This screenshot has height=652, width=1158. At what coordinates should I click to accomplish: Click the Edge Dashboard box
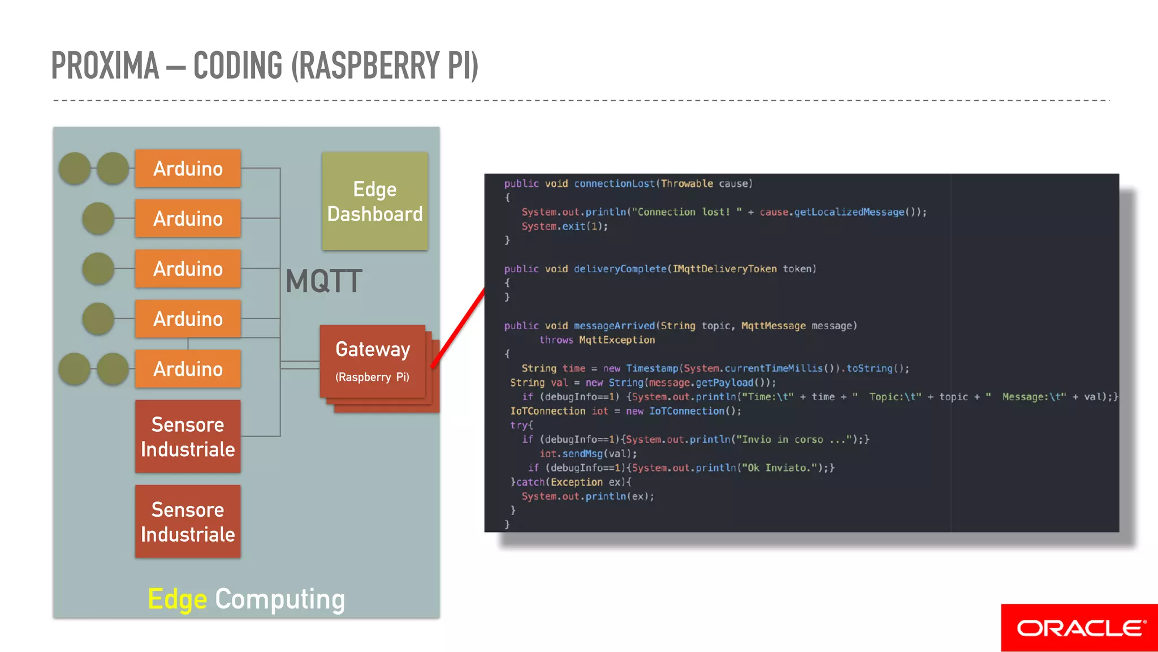375,201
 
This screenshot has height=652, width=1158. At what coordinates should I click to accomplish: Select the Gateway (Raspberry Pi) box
372,361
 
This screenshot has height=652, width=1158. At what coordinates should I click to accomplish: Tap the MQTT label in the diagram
323,281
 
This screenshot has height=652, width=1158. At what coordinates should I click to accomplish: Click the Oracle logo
1079,628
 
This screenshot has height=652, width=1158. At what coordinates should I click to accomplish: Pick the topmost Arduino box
188,169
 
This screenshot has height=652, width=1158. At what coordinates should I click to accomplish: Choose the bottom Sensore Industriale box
188,521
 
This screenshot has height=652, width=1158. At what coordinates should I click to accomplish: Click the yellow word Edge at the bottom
177,599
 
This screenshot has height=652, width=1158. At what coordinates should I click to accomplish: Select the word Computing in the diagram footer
280,599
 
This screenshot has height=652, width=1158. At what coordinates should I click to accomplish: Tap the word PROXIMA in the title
105,66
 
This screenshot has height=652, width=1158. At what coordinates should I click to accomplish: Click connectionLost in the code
614,184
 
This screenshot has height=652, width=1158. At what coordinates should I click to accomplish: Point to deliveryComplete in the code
620,269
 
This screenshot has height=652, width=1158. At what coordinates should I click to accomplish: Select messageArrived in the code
614,326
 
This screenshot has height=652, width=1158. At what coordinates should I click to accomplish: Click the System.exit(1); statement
564,226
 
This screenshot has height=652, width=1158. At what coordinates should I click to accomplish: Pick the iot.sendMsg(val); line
588,454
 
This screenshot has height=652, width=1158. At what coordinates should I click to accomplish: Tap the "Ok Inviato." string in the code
779,468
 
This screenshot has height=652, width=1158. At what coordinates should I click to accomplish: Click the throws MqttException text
597,340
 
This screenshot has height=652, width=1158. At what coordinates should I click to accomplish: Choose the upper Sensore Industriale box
188,436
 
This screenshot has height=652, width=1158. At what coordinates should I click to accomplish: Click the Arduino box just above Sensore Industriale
188,369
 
